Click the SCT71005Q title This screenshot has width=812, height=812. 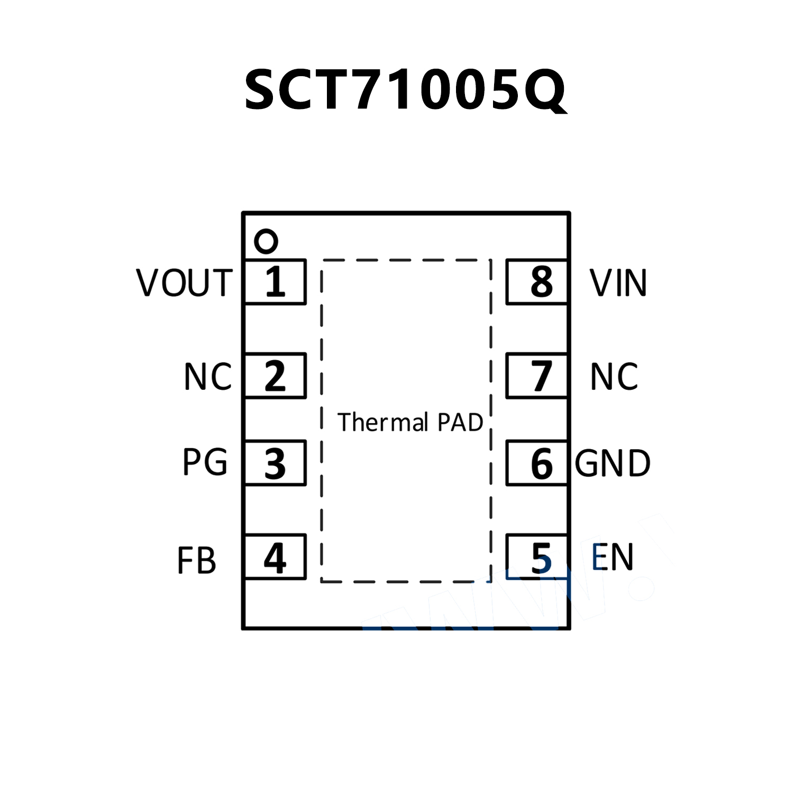tap(405, 90)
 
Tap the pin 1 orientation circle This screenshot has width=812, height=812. tap(266, 242)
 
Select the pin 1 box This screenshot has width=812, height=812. tap(276, 282)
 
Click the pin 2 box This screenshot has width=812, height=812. tap(276, 376)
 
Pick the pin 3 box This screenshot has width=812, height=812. tap(276, 463)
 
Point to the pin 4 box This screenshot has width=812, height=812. tap(276, 557)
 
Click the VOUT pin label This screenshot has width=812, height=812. tap(184, 282)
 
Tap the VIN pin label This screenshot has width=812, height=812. tap(618, 282)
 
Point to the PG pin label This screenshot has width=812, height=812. tap(205, 462)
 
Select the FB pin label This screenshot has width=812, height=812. tap(196, 561)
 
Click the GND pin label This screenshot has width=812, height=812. tap(613, 463)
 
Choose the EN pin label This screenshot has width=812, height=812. tap(613, 557)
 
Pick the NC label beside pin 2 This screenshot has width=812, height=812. tap(207, 377)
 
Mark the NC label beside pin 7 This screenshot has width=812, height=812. tap(614, 377)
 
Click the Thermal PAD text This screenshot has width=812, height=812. tap(410, 422)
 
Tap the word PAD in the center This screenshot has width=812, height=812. tap(460, 422)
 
